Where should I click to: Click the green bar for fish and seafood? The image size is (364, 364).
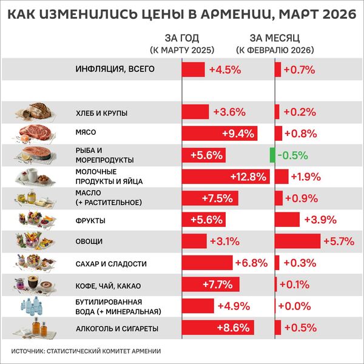pos(272,155)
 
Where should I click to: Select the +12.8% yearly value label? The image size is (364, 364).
pos(249,177)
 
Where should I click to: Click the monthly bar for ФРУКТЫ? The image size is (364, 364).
pos(288,220)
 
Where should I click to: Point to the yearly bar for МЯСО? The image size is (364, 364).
pos(220,133)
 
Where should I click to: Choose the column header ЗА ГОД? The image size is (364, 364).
pos(181,38)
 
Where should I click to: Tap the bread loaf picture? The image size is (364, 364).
pos(36,111)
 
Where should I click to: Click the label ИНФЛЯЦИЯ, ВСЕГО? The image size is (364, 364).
pos(107,69)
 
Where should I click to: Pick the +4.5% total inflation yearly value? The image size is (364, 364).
pos(225,69)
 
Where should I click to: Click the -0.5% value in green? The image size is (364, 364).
pos(292,155)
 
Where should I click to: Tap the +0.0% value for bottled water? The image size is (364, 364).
pos(294,306)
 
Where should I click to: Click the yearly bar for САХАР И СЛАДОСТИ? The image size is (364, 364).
pos(207,263)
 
